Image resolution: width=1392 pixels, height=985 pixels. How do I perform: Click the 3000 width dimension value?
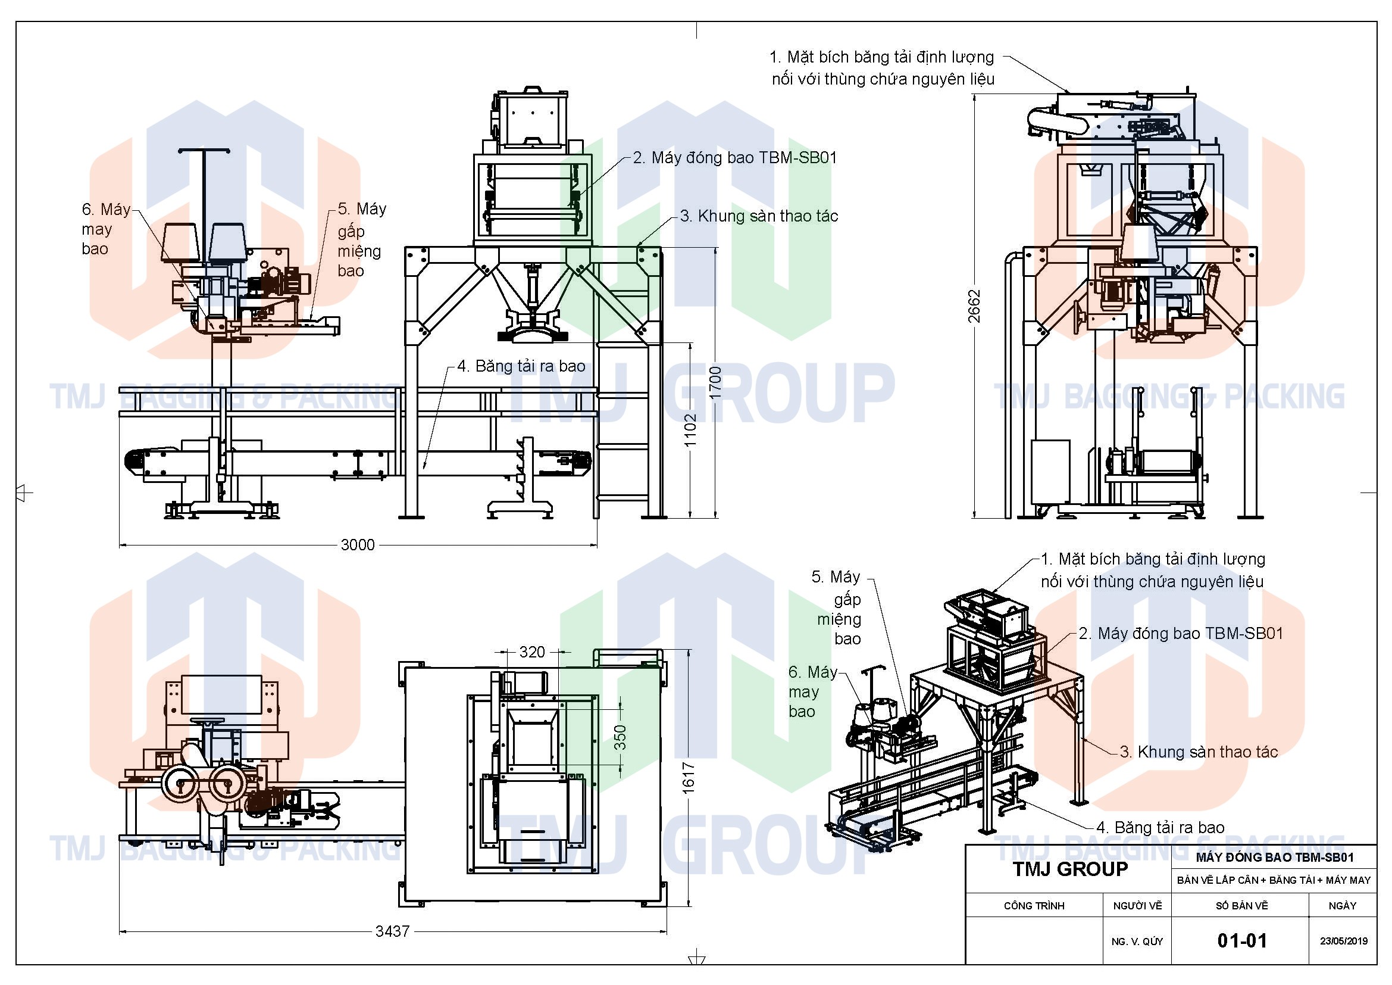[357, 545]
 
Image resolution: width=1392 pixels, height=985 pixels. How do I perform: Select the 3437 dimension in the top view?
[392, 931]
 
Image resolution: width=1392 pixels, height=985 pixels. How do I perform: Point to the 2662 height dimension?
[974, 306]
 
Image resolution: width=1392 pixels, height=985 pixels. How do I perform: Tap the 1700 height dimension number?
[715, 383]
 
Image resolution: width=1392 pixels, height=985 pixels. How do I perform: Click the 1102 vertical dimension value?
[690, 430]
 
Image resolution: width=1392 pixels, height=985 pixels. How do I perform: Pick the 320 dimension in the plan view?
[531, 652]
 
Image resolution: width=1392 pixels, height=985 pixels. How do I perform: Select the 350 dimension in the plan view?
[620, 737]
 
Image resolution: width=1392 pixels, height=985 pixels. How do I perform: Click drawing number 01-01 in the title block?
[1241, 941]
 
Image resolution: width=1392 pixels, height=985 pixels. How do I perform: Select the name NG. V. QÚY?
[1137, 942]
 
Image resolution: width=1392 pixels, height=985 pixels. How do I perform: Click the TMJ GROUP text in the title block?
[1070, 869]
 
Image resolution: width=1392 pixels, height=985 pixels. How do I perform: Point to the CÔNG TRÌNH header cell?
[1034, 906]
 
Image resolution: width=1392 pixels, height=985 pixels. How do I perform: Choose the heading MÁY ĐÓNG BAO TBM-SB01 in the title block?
[1274, 858]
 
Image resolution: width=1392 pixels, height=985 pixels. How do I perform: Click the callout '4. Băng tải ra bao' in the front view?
[521, 366]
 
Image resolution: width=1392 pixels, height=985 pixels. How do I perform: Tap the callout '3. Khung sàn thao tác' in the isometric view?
[1198, 752]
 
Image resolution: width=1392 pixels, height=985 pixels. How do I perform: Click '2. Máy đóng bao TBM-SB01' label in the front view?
[735, 158]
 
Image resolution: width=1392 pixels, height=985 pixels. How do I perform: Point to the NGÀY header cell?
[1342, 906]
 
